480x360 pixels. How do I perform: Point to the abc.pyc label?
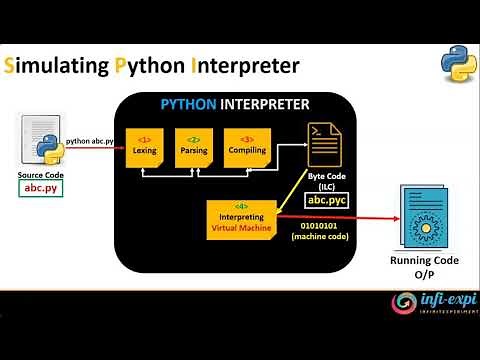coord(325,200)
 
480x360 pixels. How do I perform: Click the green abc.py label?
coord(41,188)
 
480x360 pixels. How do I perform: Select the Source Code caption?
coord(41,175)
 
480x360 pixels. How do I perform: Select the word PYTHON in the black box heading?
coord(192,104)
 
